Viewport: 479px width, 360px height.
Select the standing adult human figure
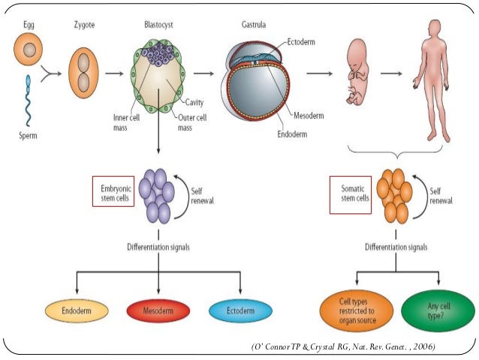tap(434, 79)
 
